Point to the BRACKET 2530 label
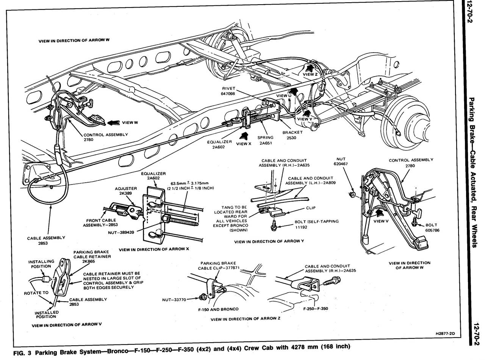point(292,135)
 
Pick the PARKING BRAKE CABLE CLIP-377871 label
point(218,265)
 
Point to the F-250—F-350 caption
point(316,308)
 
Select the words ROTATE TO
point(36,293)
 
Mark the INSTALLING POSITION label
point(41,264)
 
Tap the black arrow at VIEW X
point(244,136)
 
